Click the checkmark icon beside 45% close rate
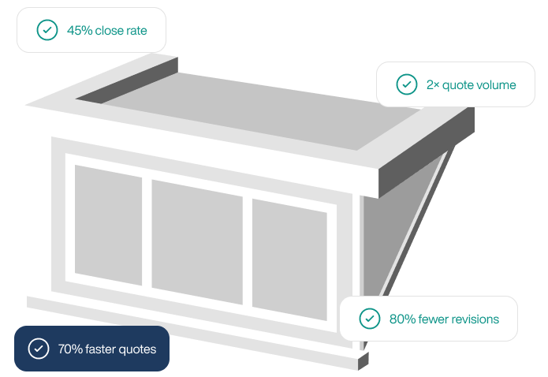(x=47, y=30)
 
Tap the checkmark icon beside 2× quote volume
(x=406, y=84)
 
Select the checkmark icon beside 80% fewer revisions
(x=370, y=319)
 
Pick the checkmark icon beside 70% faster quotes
(x=39, y=349)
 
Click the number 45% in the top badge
(x=80, y=31)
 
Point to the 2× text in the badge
(x=432, y=84)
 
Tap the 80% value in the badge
(x=402, y=319)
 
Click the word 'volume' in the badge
(x=497, y=84)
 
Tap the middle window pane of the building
(x=197, y=241)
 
